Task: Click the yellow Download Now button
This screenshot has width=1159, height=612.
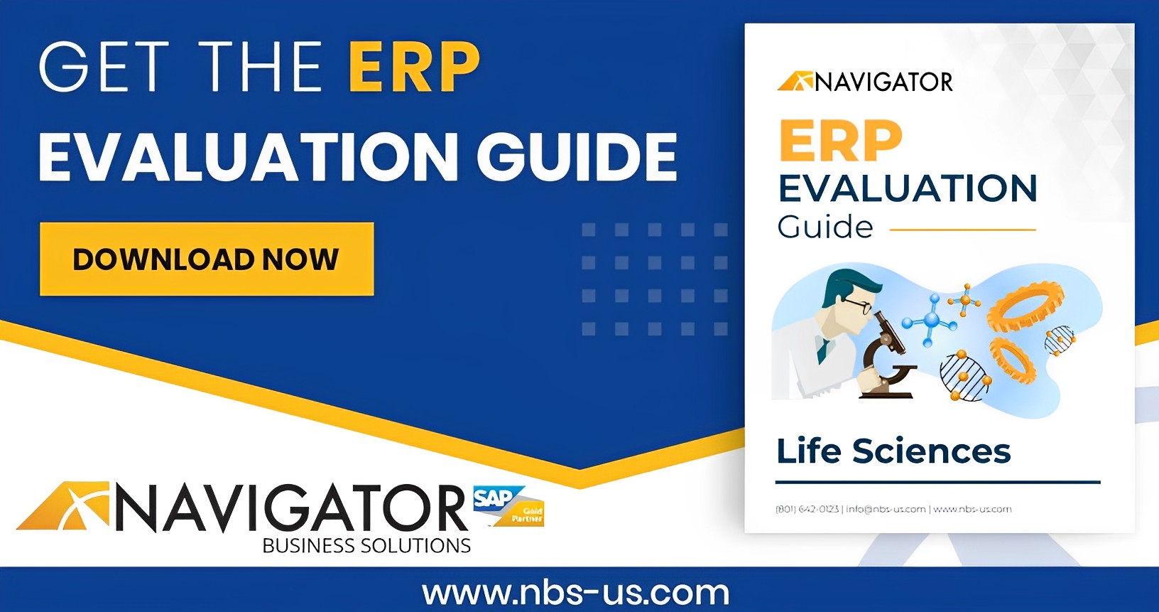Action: (207, 259)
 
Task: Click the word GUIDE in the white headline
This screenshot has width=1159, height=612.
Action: (577, 156)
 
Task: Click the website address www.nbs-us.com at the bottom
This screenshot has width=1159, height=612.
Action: (576, 592)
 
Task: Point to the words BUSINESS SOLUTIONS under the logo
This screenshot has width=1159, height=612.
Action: (366, 546)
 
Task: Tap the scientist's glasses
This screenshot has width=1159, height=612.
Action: (858, 306)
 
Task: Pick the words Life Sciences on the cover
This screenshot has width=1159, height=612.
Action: (893, 451)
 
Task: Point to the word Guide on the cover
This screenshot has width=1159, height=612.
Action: (825, 227)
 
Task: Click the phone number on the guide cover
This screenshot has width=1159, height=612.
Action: (807, 509)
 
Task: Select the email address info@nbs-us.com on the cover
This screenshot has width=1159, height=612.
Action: (886, 509)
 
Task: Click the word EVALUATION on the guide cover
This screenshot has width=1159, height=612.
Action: (908, 188)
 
